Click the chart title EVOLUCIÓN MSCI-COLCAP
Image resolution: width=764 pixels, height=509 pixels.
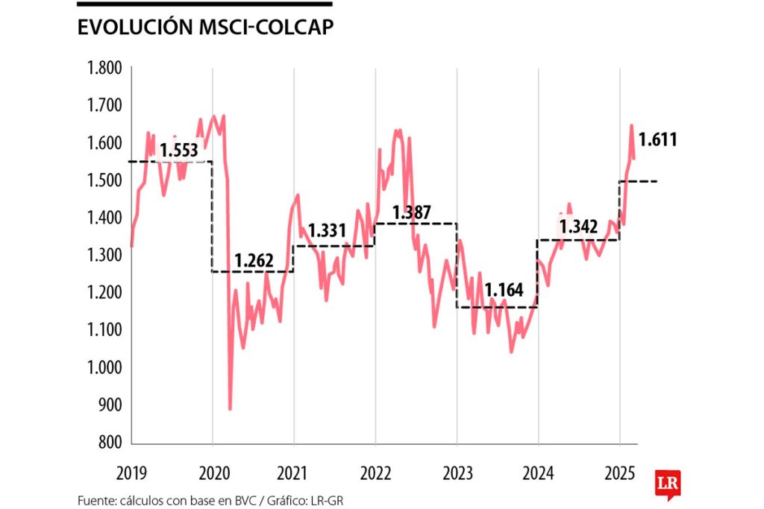coord(205,27)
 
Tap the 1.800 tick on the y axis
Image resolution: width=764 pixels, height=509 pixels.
coord(104,69)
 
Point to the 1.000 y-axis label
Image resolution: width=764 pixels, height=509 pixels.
coord(104,367)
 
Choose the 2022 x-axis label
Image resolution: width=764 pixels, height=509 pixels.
coord(375,472)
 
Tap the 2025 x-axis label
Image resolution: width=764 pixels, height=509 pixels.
coord(619,472)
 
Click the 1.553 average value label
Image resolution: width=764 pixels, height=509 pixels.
coord(179,151)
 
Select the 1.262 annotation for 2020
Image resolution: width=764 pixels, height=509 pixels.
coord(254,262)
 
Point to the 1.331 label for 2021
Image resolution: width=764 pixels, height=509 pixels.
coord(328,230)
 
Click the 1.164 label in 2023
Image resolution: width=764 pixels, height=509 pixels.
coord(504,290)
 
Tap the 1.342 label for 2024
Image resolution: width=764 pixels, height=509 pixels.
coord(578,227)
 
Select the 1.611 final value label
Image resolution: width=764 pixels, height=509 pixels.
coord(657,139)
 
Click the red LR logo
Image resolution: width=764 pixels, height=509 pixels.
coord(666,483)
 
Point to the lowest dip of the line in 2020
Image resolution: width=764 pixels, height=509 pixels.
coord(230,408)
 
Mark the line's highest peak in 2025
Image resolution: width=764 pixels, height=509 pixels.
coord(631,126)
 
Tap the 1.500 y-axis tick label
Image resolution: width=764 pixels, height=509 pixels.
coord(104,180)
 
